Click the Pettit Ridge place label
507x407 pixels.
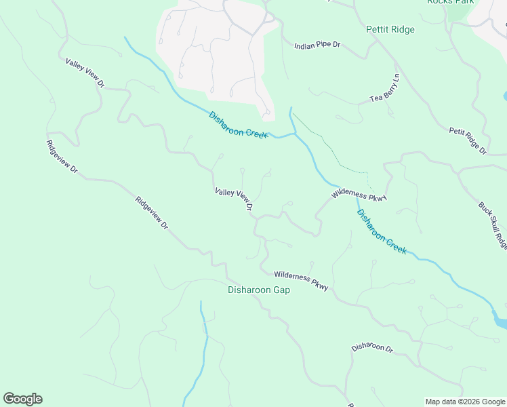390,30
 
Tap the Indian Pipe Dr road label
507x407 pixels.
317,45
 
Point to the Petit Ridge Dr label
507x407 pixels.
468,140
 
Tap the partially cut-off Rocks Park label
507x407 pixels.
449,3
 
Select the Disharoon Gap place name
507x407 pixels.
258,290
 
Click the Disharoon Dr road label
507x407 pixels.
372,347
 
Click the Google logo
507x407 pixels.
22,399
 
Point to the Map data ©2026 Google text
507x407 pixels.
464,402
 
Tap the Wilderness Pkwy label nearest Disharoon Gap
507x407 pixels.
301,281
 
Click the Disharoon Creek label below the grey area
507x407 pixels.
239,125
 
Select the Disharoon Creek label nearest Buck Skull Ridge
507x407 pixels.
382,231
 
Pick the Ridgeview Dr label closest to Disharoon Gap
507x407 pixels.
151,212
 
